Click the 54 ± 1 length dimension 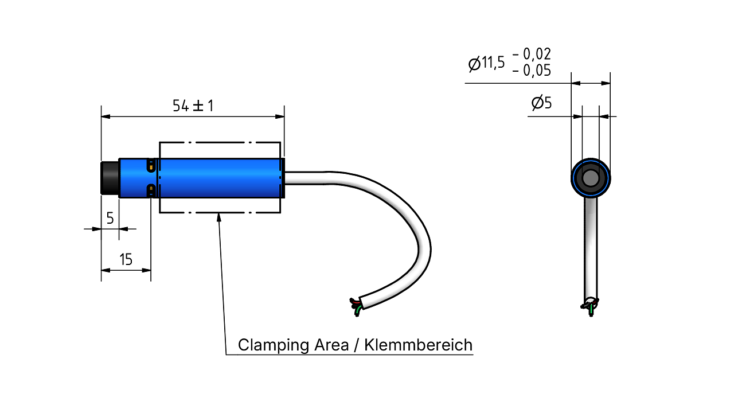[193, 106]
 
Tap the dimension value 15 [126, 260]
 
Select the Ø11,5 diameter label [487, 63]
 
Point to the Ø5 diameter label [542, 103]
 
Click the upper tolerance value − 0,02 [532, 54]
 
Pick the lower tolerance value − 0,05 [532, 71]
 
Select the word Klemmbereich [419, 345]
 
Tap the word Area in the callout [331, 345]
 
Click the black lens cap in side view [110, 178]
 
